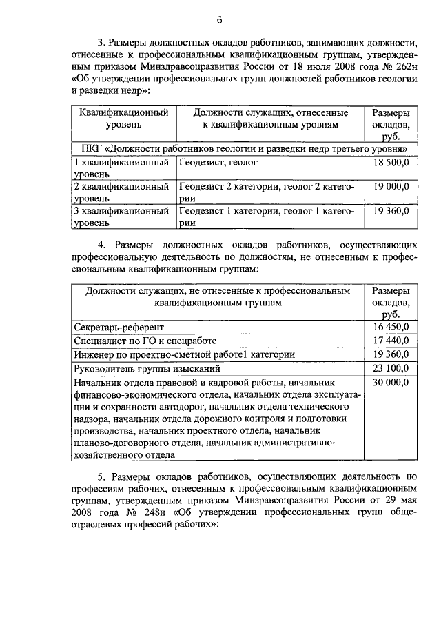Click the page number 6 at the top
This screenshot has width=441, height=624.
220,18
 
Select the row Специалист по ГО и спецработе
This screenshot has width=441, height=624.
145,341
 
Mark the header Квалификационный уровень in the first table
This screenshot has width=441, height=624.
124,119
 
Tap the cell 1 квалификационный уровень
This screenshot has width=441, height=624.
121,169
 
